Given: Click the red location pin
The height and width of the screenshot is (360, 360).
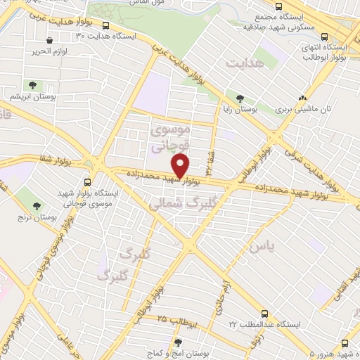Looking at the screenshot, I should pos(181,166).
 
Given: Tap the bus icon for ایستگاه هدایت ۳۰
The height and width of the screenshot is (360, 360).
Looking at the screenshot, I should pos(105,26).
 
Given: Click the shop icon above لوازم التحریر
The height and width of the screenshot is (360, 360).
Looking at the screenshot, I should pos(48,41).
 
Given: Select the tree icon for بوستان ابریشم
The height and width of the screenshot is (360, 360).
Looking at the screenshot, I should pos(30,85).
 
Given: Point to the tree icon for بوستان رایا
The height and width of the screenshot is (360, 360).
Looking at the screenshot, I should pos(240,98).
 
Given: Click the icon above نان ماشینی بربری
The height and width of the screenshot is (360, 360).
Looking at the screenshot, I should pos(303,98).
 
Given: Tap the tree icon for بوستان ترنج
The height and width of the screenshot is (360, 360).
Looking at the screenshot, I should pos(37,206).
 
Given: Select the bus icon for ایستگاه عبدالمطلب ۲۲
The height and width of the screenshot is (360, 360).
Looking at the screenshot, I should pos(264,313).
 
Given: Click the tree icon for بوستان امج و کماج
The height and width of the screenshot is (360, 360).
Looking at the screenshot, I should pos(178,342).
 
